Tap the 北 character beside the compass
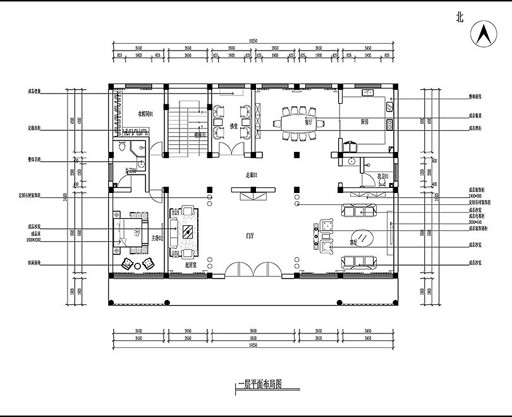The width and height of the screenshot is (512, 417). click(460, 18)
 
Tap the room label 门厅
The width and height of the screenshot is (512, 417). click(250, 235)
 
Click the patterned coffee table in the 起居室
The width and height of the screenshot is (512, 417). click(188, 232)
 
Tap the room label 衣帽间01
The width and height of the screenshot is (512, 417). click(150, 113)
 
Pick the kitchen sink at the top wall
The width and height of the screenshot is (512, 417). click(367, 93)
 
